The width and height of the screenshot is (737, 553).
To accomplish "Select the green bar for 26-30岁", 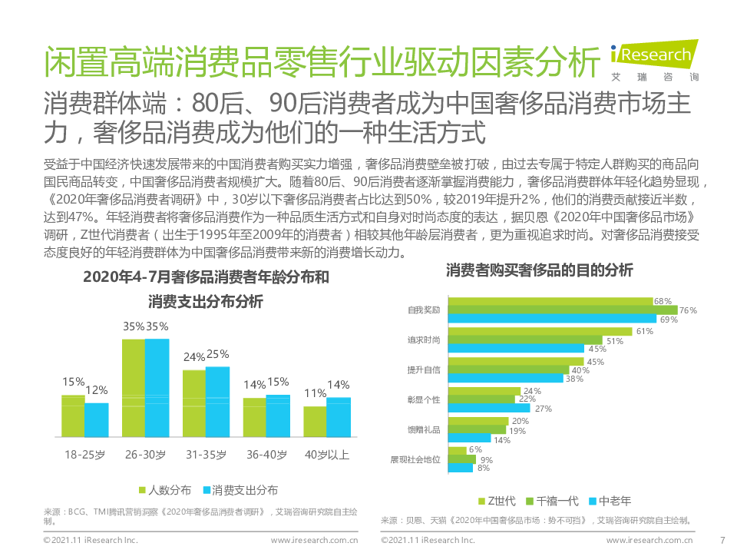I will (134, 388).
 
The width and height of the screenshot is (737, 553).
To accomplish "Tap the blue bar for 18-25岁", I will (97, 419).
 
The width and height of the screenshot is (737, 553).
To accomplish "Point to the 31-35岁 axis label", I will (206, 455).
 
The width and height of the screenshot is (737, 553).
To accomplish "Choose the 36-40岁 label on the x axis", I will (266, 455).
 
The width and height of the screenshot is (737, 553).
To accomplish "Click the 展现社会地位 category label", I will (415, 459).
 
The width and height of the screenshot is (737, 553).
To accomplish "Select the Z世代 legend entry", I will (497, 501).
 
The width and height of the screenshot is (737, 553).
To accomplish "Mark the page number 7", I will (722, 540).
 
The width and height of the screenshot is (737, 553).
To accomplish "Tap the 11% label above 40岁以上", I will (315, 393).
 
